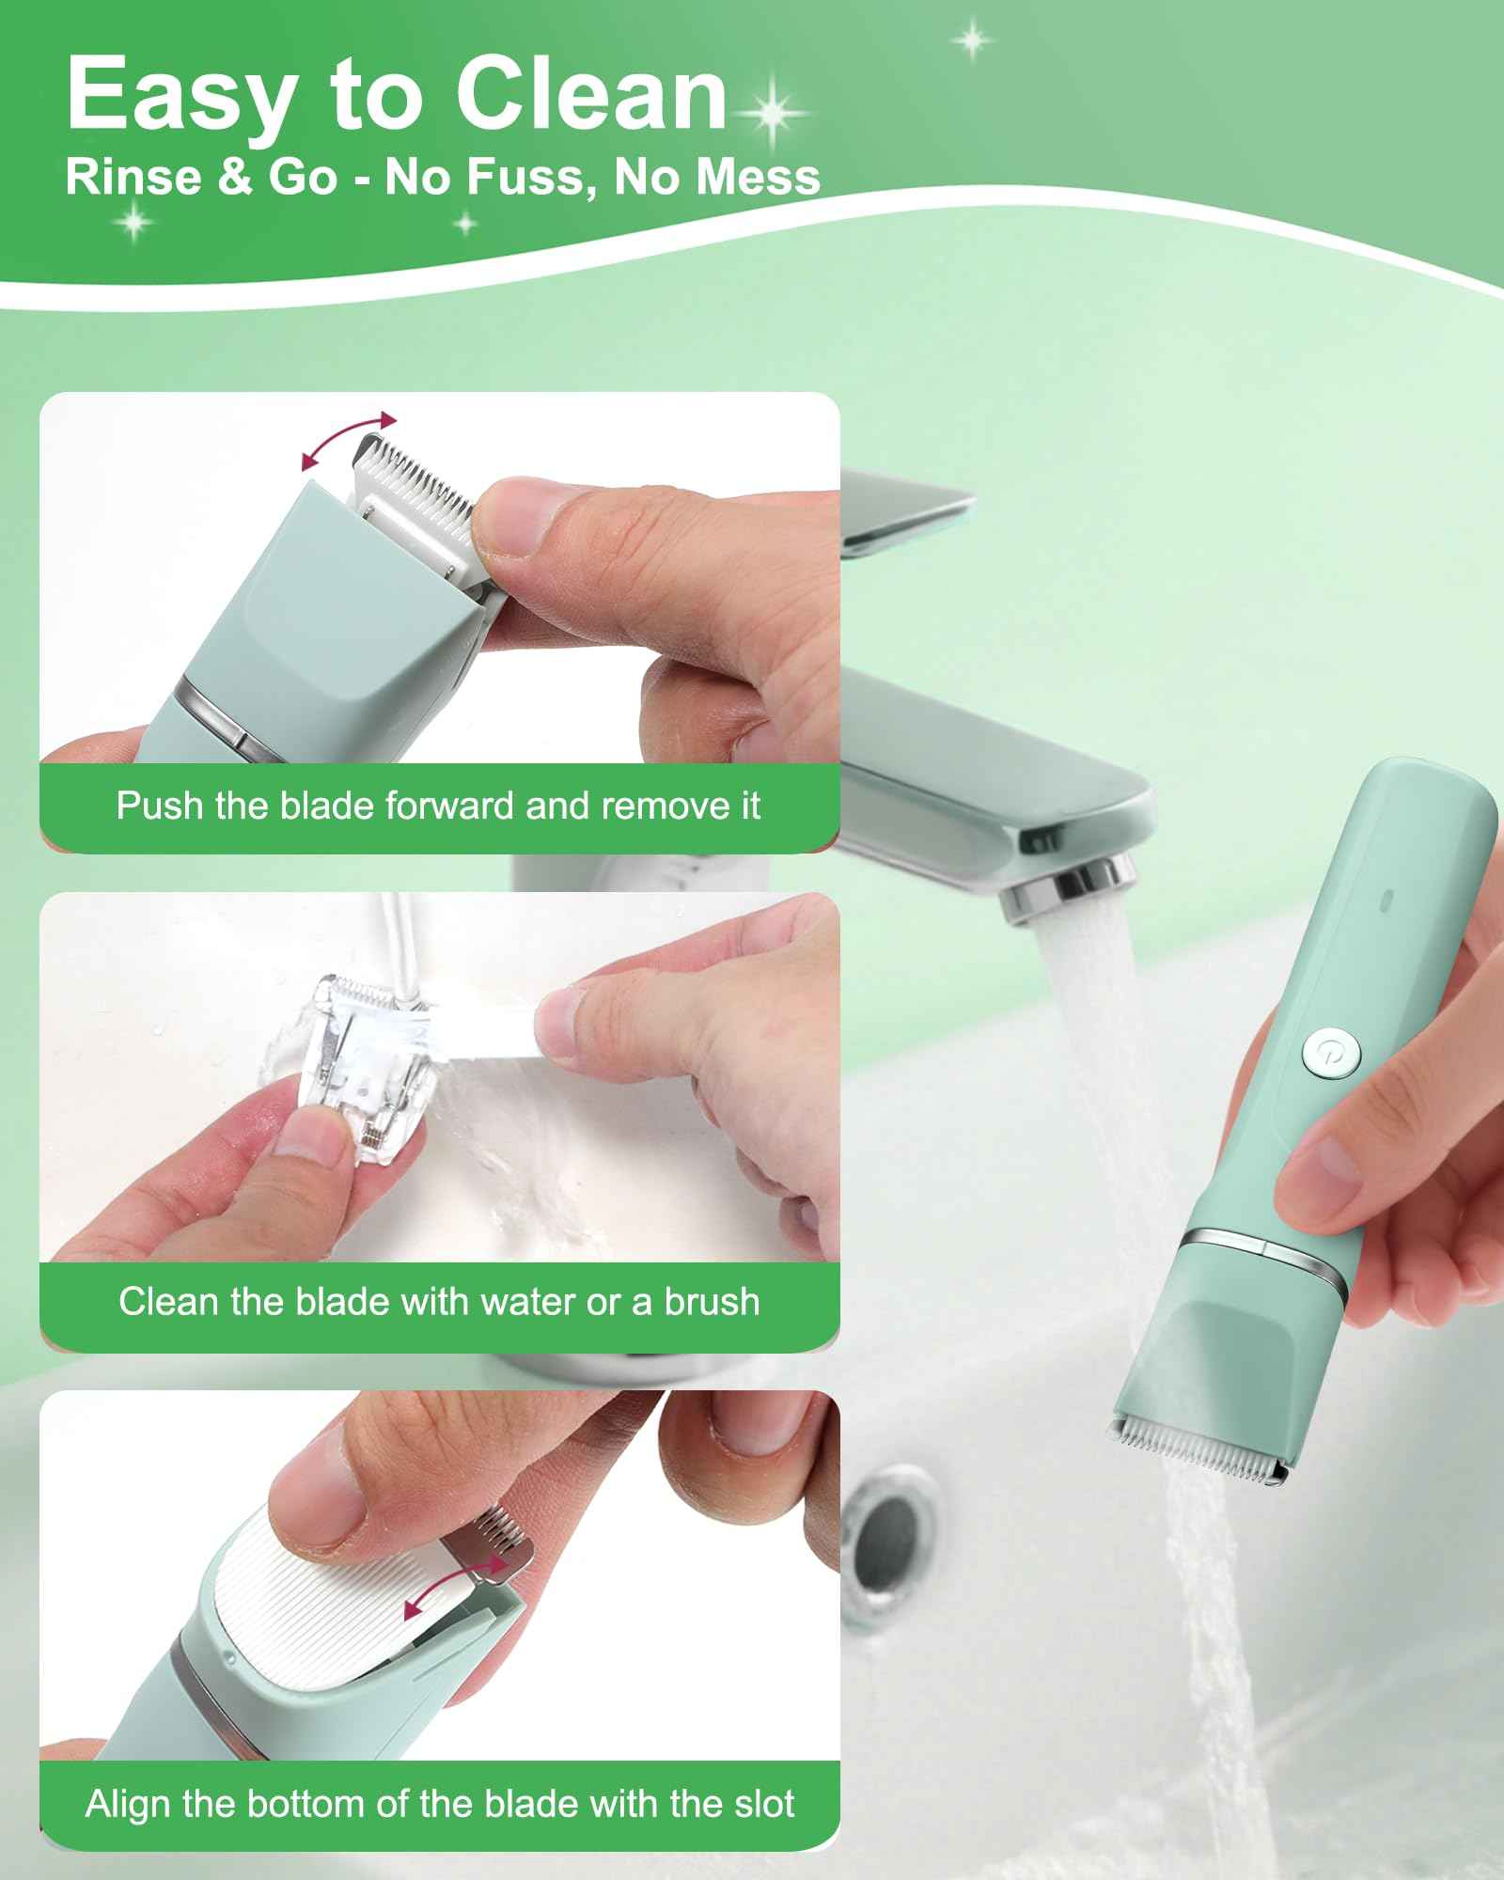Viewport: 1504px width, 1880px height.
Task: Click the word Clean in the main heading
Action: coord(590,96)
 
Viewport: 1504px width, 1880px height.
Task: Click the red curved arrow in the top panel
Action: coord(349,439)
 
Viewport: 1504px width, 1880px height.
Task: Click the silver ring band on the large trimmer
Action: coord(1269,1250)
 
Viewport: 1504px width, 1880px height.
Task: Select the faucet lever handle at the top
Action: coord(907,512)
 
